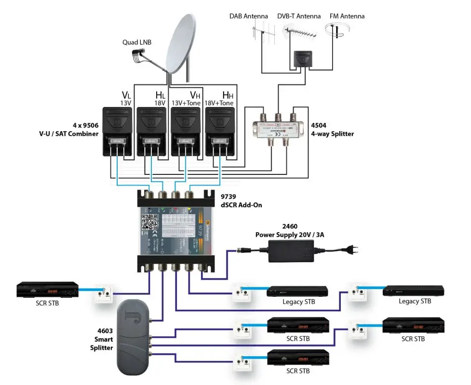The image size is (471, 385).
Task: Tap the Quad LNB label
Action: tap(136, 42)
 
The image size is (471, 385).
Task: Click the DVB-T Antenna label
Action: tap(299, 16)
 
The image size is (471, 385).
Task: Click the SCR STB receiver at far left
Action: tap(47, 290)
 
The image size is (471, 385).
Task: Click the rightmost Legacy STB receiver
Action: tap(413, 291)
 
